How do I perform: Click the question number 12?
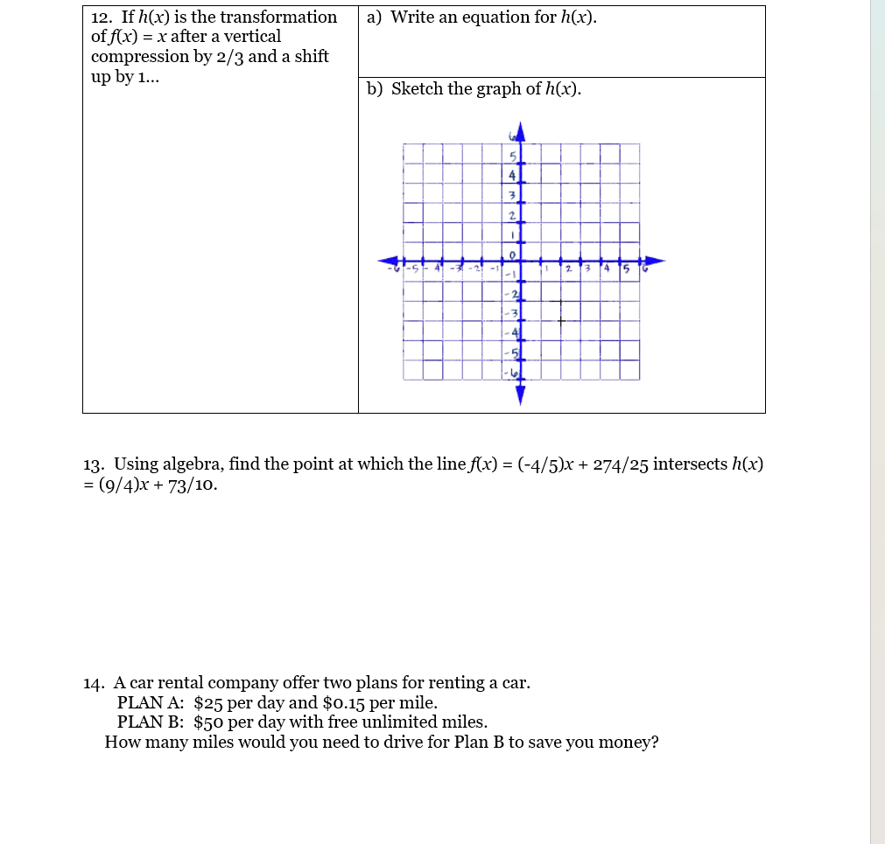(x=102, y=17)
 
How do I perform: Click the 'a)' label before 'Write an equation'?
(x=375, y=17)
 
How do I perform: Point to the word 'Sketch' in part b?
(x=417, y=89)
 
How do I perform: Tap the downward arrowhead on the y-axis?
(x=520, y=396)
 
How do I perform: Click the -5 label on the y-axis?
(x=514, y=353)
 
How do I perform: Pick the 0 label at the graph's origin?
(x=514, y=254)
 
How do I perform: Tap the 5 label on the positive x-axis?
(x=626, y=268)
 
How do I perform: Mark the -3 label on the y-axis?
(x=514, y=313)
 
